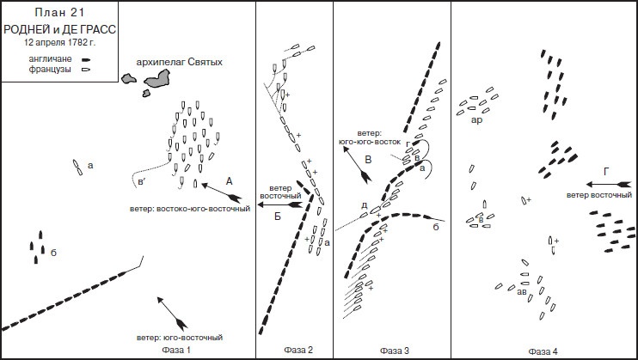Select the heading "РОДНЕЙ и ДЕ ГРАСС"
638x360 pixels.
(x=59, y=28)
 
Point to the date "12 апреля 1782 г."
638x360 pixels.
(x=59, y=41)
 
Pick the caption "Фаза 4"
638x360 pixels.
(x=543, y=351)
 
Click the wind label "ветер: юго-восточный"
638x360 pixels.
(x=177, y=337)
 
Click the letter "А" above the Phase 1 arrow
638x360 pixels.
(x=228, y=180)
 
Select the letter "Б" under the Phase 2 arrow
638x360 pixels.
(x=278, y=216)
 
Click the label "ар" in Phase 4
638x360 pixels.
(x=476, y=120)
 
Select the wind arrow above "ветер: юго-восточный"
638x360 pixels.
(x=171, y=314)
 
